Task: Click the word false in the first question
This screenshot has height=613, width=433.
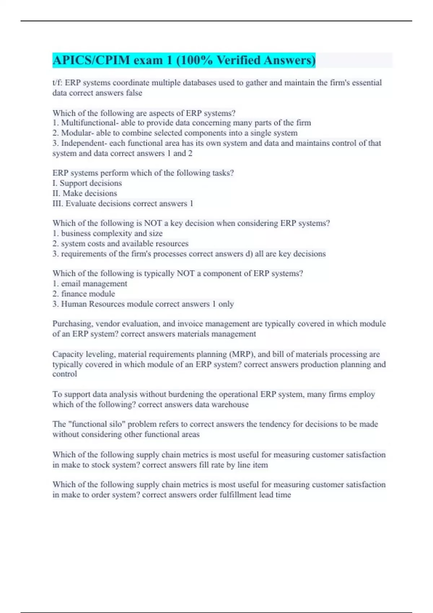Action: (134, 93)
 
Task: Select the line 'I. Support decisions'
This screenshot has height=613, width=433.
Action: (87, 183)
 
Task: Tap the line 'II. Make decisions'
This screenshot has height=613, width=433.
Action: (85, 193)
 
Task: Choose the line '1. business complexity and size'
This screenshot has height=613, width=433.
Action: (108, 233)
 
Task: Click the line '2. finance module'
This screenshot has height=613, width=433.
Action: (84, 294)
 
